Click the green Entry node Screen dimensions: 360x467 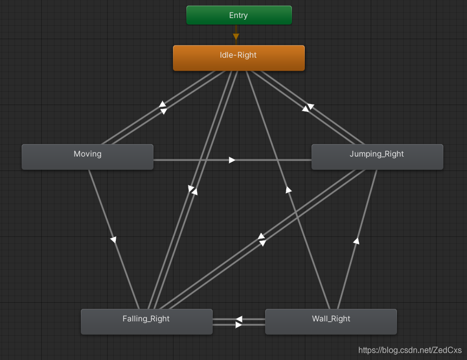[x=239, y=15]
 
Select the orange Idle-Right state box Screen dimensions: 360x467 [x=238, y=58]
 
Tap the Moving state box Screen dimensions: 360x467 [x=88, y=157]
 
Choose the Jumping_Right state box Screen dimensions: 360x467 [x=377, y=157]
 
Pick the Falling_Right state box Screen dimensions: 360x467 [x=146, y=321]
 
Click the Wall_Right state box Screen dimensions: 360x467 [x=331, y=321]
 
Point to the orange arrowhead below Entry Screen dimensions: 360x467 [x=236, y=37]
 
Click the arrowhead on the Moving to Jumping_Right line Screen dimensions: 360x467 [x=232, y=160]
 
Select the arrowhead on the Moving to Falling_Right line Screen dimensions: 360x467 [x=113, y=239]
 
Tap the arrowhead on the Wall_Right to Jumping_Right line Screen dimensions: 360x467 [x=356, y=240]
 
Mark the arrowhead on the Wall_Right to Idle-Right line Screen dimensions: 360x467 [x=288, y=190]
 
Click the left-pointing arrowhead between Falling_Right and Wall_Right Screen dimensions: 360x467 [x=238, y=319]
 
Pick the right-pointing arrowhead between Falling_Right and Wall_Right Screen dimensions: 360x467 [x=238, y=325]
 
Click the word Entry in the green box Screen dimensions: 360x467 [x=238, y=15]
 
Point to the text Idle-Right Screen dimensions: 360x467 [x=238, y=55]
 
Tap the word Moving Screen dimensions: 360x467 [x=88, y=153]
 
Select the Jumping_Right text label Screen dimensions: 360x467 [x=377, y=153]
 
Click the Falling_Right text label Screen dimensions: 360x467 [x=146, y=318]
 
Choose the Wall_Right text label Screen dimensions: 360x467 [x=331, y=318]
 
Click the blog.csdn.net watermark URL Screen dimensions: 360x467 [x=410, y=350]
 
